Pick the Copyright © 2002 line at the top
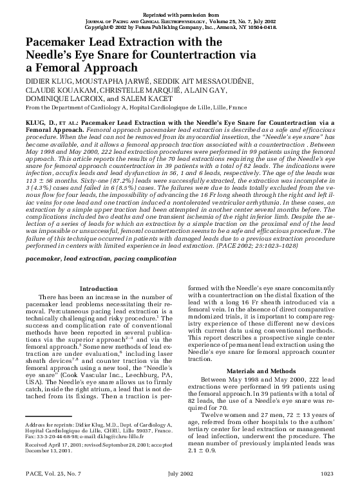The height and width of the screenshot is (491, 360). (x=180, y=28)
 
